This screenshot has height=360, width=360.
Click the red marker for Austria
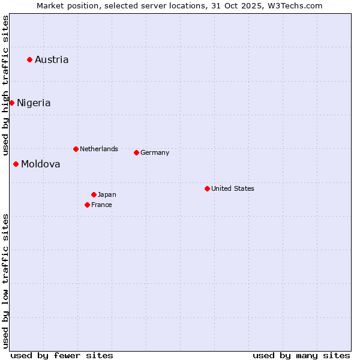(29, 59)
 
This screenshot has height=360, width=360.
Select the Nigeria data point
(11, 103)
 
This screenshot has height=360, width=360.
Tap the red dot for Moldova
(16, 164)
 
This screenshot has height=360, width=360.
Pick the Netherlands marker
(76, 149)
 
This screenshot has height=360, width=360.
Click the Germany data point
(136, 152)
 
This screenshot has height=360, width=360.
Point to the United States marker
(207, 188)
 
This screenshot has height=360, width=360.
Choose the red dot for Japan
(94, 194)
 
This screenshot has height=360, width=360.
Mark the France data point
(87, 205)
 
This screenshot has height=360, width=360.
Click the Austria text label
(52, 59)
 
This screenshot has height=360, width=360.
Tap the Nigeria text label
(34, 103)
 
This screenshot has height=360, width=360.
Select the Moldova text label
(41, 164)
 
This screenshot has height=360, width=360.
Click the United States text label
(233, 188)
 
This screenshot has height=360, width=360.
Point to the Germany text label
(155, 152)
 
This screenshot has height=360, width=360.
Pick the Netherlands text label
(99, 149)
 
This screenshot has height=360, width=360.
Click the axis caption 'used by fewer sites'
(62, 355)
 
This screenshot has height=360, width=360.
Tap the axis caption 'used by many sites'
(301, 355)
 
